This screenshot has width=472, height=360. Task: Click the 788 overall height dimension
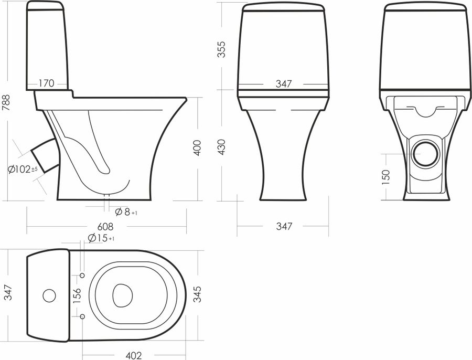pyautogui.click(x=6, y=102)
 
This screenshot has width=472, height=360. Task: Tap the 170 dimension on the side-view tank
pyautogui.click(x=47, y=83)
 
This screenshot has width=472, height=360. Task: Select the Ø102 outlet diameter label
pyautogui.click(x=23, y=170)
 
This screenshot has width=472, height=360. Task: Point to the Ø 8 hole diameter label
pyautogui.click(x=126, y=212)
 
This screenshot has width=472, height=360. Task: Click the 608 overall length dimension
pyautogui.click(x=105, y=226)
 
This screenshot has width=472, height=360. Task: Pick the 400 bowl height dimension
pyautogui.click(x=197, y=147)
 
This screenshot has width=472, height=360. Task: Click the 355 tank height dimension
pyautogui.click(x=221, y=49)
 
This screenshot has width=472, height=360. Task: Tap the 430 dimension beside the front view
pyautogui.click(x=221, y=147)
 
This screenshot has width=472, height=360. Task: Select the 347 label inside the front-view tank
pyautogui.click(x=284, y=84)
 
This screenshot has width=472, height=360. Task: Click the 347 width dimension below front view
pyautogui.click(x=284, y=226)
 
